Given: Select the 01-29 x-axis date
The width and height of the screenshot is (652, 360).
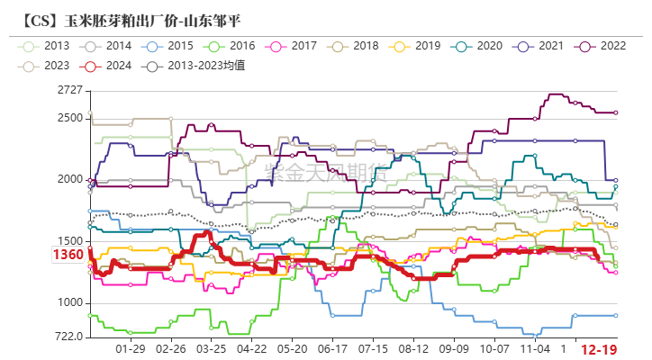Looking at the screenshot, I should tap(131, 347).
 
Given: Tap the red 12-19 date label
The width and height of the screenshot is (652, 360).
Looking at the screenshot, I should tap(599, 348).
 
